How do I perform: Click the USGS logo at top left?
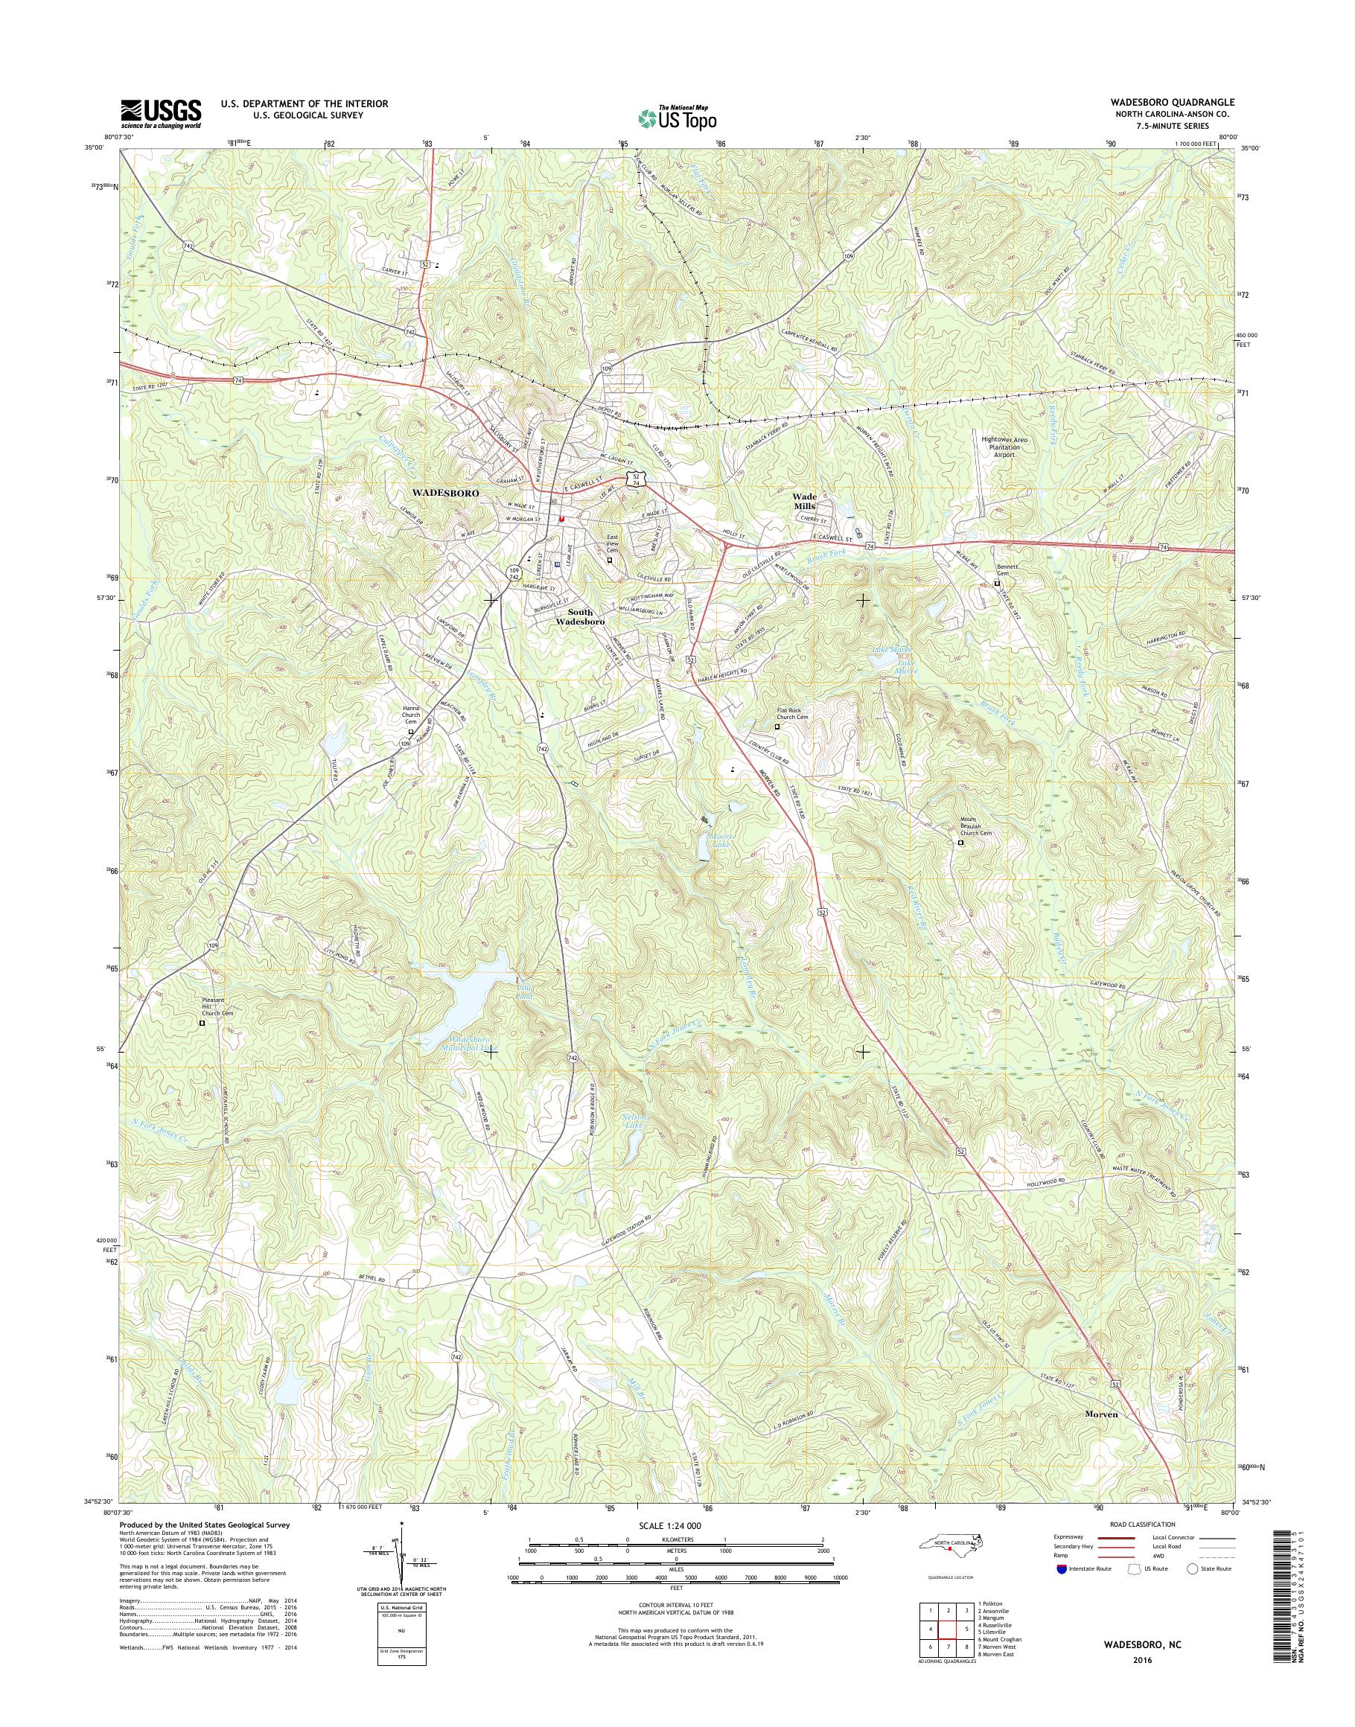coord(160,113)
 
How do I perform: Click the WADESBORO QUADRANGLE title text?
coord(1178,103)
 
